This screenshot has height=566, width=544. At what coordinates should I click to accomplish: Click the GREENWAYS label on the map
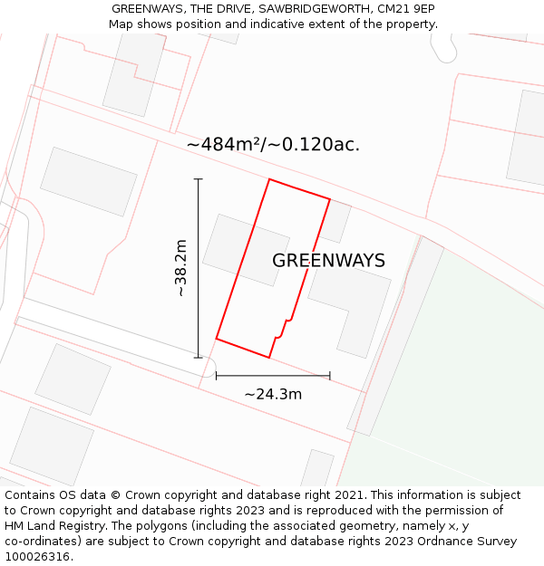[328, 261]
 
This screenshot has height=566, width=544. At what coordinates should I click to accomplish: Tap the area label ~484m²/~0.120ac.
[273, 144]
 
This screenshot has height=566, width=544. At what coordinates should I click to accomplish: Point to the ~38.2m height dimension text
[180, 268]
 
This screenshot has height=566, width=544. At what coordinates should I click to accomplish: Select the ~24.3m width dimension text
[273, 394]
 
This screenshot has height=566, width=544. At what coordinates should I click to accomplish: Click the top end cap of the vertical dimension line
[199, 179]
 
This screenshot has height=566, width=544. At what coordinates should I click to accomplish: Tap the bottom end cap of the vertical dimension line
[199, 358]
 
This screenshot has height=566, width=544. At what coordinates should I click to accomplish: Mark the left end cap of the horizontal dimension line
[216, 375]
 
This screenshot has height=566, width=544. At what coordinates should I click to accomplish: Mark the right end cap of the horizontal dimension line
[330, 375]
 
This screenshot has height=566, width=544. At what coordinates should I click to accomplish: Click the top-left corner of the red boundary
[269, 179]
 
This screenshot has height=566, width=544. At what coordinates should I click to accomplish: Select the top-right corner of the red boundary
[330, 198]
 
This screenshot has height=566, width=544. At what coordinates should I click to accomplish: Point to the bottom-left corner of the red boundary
[216, 339]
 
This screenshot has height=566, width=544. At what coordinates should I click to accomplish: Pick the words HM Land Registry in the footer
[51, 526]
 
